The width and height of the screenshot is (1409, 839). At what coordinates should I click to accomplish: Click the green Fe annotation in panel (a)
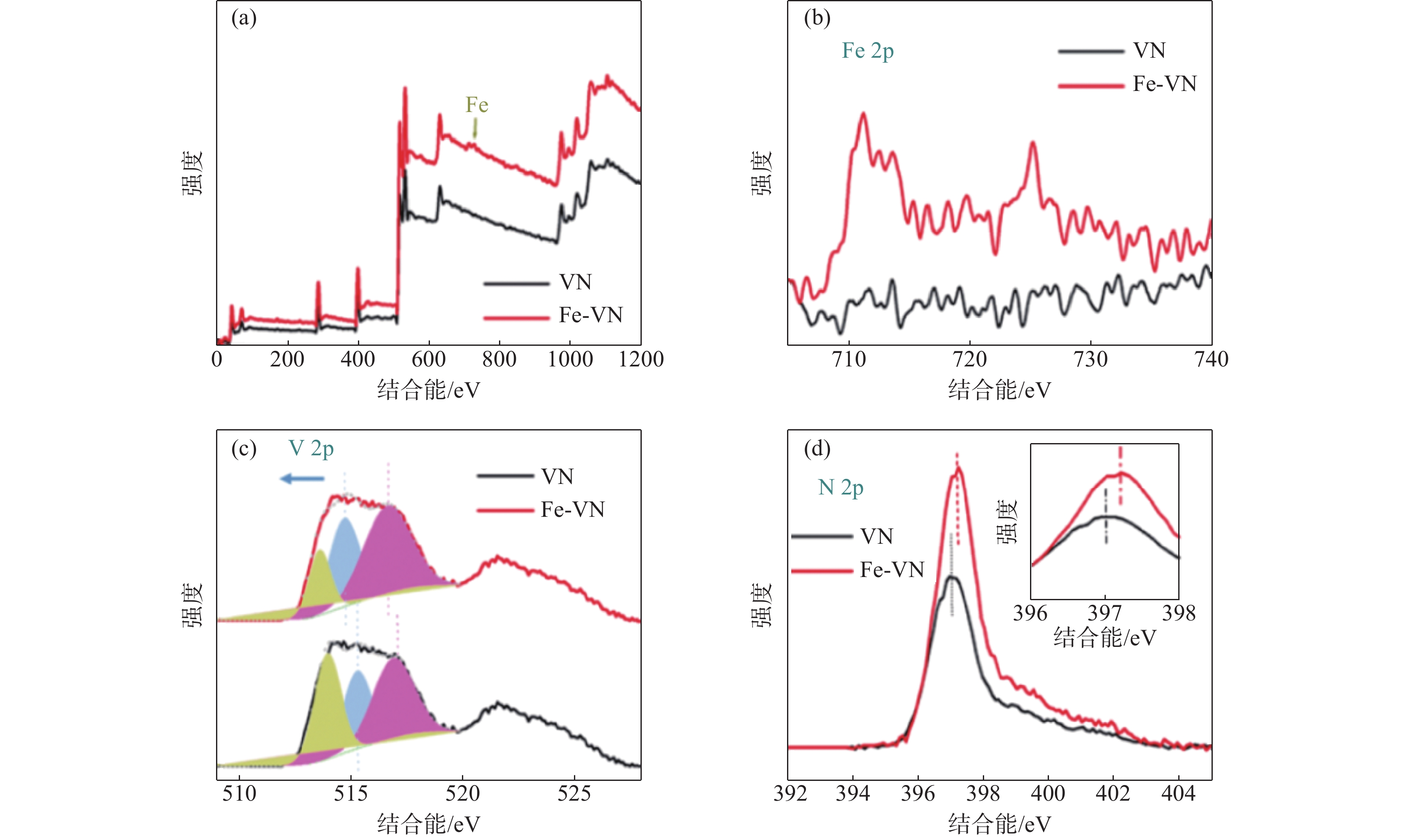click(476, 105)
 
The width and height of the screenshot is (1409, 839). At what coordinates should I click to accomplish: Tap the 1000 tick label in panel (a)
click(570, 360)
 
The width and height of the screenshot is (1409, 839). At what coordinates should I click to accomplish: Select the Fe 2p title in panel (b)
click(867, 51)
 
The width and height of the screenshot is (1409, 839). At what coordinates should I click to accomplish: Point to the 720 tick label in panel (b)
click(969, 360)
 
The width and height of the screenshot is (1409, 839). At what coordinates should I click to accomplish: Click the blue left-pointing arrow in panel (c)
click(302, 479)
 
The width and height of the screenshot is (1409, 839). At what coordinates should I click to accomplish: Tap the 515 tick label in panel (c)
click(350, 794)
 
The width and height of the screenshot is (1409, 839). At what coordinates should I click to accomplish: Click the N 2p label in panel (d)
click(841, 487)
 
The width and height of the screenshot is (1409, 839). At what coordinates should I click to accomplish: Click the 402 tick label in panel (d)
click(1112, 794)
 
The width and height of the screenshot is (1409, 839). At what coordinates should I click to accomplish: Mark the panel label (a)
click(243, 19)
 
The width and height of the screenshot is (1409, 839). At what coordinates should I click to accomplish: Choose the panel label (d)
click(817, 449)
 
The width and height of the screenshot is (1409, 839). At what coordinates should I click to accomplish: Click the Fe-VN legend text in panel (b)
click(1164, 84)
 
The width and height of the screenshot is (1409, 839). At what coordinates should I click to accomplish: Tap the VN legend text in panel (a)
click(575, 282)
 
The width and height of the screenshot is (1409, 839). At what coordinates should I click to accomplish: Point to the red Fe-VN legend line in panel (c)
click(505, 510)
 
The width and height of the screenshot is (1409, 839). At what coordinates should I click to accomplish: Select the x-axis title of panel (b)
click(999, 390)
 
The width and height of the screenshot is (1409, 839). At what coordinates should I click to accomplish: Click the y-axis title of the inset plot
click(1006, 521)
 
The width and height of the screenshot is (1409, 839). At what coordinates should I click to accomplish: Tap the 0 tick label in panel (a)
click(217, 360)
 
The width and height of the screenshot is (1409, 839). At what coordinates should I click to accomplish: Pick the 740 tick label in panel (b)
click(1211, 360)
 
